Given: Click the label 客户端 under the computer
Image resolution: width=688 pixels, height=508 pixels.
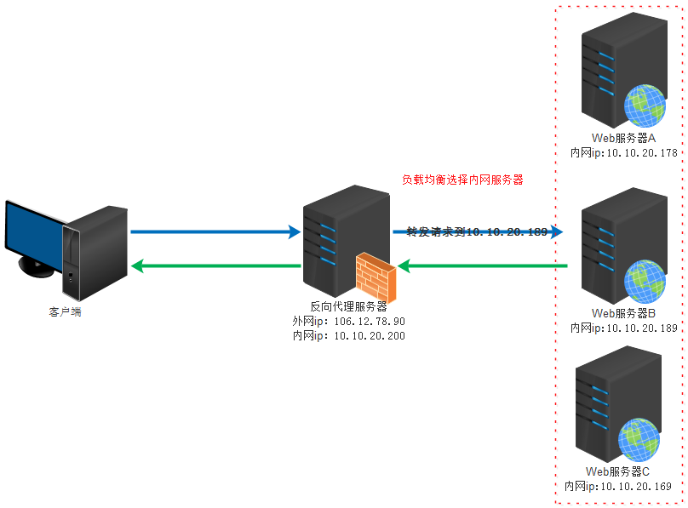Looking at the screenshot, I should (66, 312).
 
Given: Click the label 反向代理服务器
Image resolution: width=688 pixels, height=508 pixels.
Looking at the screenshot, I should (348, 306).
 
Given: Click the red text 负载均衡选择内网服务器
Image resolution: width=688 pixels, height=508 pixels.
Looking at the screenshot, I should (462, 180).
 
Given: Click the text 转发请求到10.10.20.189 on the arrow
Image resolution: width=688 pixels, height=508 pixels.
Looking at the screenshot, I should (476, 231).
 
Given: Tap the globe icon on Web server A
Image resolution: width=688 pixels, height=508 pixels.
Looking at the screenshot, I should (645, 106).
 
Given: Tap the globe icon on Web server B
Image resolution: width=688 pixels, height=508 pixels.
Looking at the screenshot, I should (645, 282).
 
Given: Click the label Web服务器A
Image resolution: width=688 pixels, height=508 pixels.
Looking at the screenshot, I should (623, 138).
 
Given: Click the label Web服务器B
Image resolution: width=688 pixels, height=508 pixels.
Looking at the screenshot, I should (623, 313).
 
